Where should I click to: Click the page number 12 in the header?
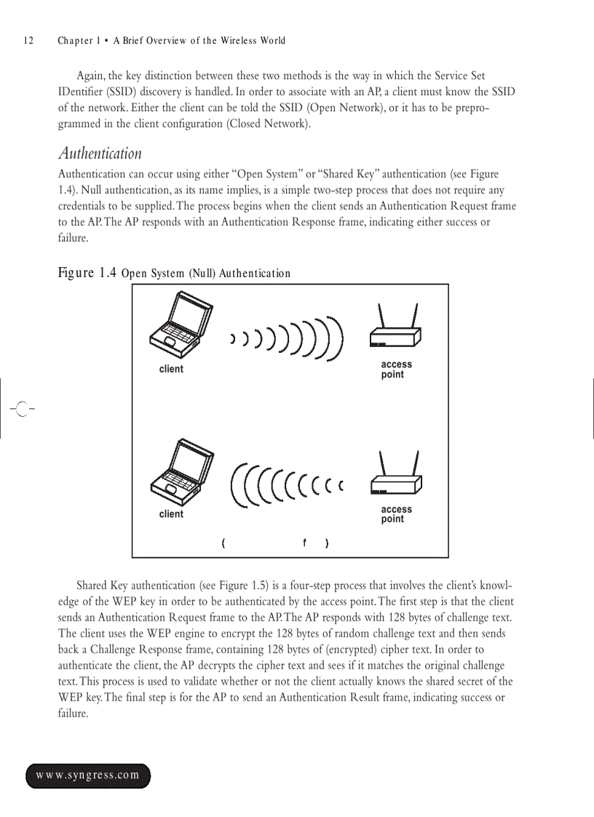(x=28, y=41)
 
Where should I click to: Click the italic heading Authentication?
(x=100, y=154)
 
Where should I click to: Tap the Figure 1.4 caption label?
(x=87, y=274)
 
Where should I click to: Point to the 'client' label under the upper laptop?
(x=171, y=369)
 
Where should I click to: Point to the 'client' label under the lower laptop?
(x=171, y=514)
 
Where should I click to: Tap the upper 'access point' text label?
(x=396, y=370)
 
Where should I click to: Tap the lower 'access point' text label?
(x=396, y=514)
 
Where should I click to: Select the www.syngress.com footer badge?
(x=88, y=776)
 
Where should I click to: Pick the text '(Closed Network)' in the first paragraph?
(x=269, y=124)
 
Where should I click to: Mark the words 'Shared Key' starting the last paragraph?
(x=102, y=586)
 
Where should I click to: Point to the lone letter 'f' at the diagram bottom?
(x=304, y=542)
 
